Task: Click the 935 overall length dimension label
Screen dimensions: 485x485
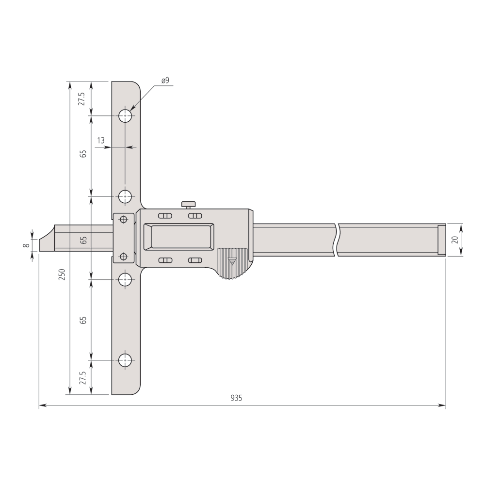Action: point(236,398)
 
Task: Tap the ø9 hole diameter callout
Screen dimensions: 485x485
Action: point(165,81)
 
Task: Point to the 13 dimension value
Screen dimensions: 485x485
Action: point(101,141)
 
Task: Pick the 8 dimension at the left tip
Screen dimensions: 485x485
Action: point(26,245)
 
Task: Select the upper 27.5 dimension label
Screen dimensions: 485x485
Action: point(82,98)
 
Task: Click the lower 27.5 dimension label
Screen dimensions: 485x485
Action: point(82,377)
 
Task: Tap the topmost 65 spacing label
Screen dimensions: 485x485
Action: point(83,154)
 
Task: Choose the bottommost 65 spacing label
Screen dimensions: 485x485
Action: point(83,320)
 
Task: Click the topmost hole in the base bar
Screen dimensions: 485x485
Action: point(126,116)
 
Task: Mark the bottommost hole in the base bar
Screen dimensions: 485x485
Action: point(126,360)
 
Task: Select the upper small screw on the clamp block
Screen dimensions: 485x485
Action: point(124,219)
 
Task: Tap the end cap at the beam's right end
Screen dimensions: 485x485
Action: point(441,240)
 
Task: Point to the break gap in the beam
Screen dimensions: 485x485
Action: point(336,240)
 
